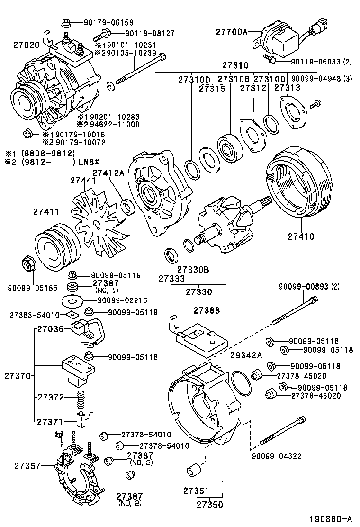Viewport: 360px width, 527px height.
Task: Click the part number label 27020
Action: [x=26, y=45]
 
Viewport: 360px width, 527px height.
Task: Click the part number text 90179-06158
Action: [x=108, y=22]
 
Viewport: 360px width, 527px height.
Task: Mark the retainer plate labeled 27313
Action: [x=294, y=111]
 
